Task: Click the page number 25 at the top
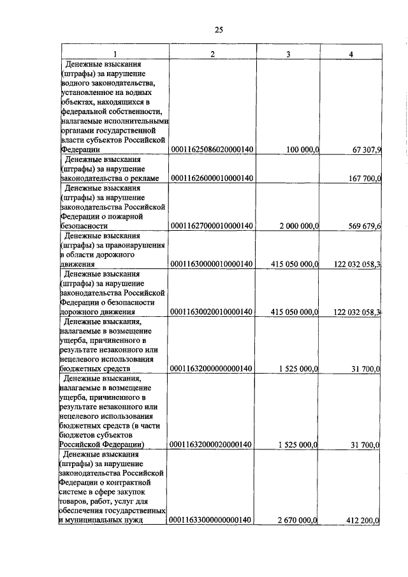[x=218, y=30]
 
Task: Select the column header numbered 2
[x=212, y=54]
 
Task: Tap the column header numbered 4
[x=351, y=54]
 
